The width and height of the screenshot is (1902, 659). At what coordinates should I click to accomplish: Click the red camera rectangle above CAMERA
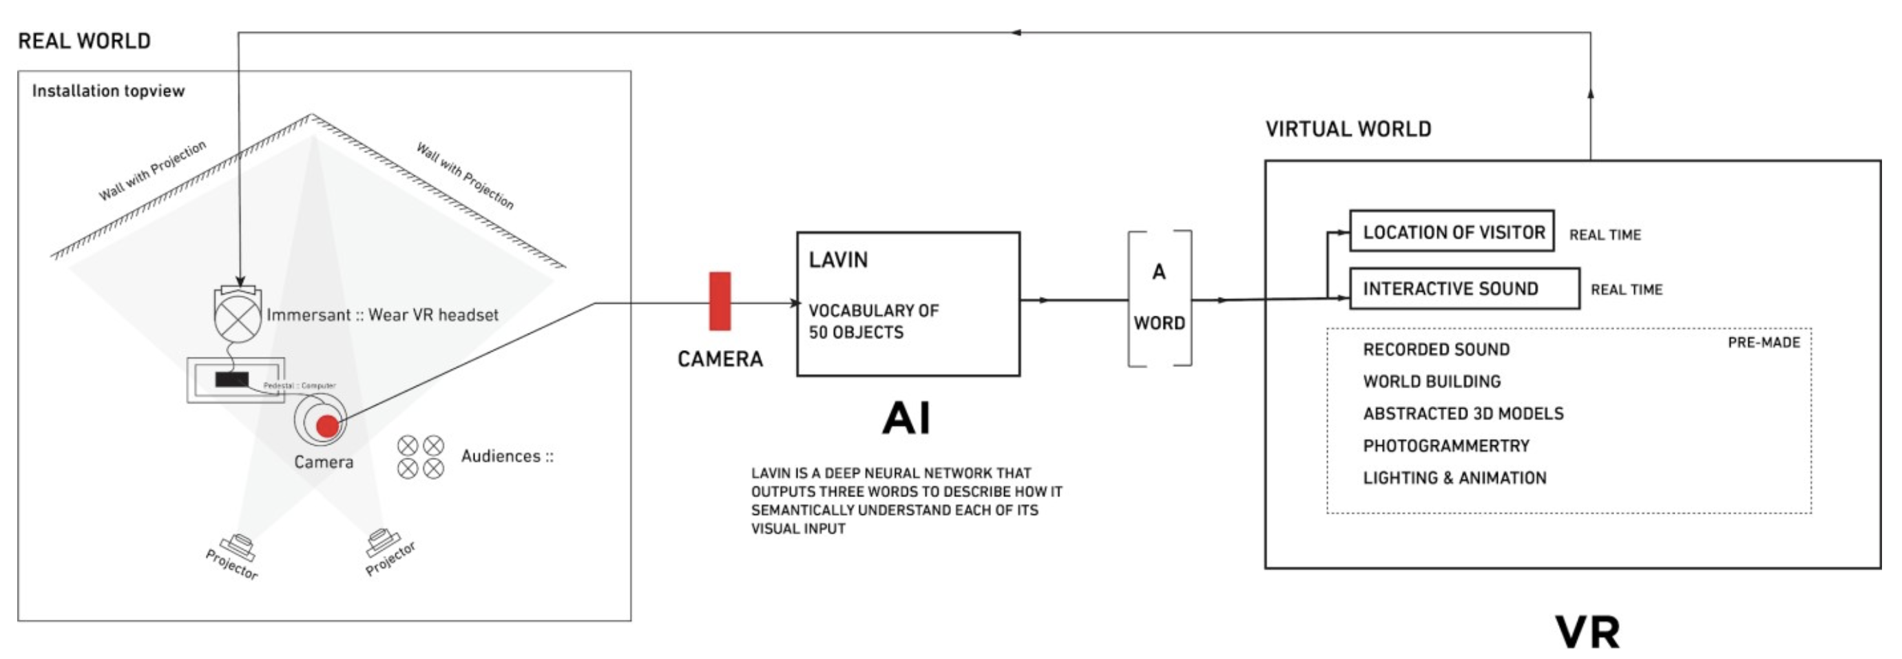pyautogui.click(x=719, y=301)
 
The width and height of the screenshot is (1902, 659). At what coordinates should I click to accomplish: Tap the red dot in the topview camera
pyautogui.click(x=327, y=425)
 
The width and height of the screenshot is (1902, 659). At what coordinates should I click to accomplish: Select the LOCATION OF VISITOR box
pyautogui.click(x=1452, y=232)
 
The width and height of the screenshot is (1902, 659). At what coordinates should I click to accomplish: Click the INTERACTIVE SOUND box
pyautogui.click(x=1463, y=289)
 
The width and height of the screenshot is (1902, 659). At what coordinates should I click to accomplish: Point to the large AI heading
pyautogui.click(x=906, y=418)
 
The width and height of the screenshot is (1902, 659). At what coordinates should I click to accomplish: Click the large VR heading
pyautogui.click(x=1587, y=632)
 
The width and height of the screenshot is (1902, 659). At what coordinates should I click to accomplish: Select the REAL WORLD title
pyautogui.click(x=84, y=41)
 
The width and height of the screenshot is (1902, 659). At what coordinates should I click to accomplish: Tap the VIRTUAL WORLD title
pyautogui.click(x=1348, y=130)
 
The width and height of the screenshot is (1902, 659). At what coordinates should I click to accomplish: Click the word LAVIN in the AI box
pyautogui.click(x=838, y=260)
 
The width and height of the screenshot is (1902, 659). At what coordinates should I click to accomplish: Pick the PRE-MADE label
pyautogui.click(x=1763, y=343)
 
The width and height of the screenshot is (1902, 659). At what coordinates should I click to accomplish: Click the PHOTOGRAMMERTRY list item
pyautogui.click(x=1445, y=446)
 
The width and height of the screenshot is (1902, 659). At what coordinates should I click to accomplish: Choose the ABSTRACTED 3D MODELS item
pyautogui.click(x=1463, y=414)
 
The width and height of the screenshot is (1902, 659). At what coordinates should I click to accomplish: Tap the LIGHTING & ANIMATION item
pyautogui.click(x=1454, y=478)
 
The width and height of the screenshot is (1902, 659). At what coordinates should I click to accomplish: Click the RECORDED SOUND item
pyautogui.click(x=1436, y=349)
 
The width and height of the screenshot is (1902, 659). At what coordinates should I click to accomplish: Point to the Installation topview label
pyautogui.click(x=108, y=91)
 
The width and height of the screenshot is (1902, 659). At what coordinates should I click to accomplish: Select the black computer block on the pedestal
pyautogui.click(x=232, y=380)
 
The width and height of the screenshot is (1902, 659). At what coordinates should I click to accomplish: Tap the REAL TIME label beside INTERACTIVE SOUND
pyautogui.click(x=1626, y=290)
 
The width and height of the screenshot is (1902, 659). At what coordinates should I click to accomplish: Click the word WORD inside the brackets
pyautogui.click(x=1159, y=323)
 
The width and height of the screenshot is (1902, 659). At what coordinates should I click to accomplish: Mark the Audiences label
pyautogui.click(x=507, y=456)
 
